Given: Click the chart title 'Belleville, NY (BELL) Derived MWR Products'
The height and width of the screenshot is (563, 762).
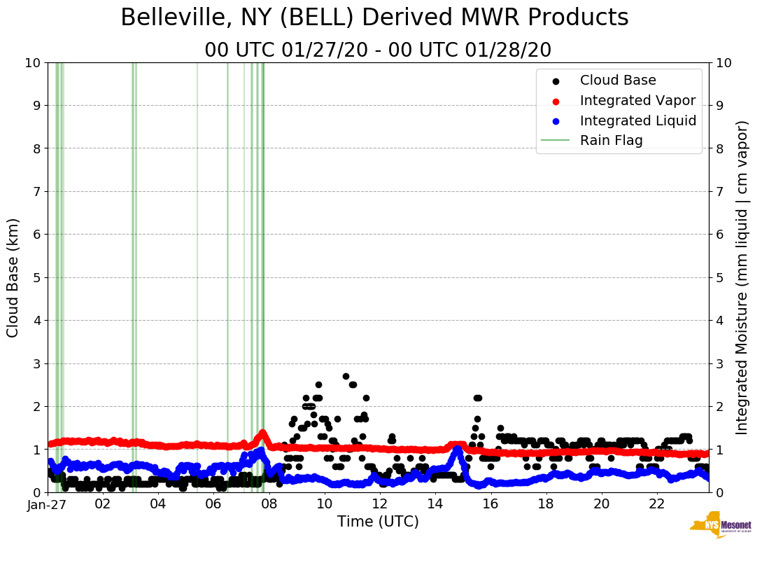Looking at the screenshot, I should (374, 18).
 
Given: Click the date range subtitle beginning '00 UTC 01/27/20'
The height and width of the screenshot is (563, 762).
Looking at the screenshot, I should (378, 50).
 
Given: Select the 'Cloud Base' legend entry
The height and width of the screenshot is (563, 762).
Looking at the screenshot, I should (618, 81).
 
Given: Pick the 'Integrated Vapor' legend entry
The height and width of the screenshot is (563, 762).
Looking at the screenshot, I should (637, 100).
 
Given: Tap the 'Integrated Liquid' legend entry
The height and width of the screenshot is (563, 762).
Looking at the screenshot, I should (637, 120).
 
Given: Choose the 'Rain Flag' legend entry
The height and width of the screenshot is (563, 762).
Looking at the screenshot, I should (611, 140).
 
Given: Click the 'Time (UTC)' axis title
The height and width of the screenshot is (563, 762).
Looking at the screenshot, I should (378, 522).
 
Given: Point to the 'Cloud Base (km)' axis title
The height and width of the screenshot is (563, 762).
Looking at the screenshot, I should (13, 277).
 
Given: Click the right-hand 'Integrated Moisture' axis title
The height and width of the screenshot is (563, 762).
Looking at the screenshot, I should (744, 277).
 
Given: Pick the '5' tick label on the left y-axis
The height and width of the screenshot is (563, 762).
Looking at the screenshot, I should (36, 277).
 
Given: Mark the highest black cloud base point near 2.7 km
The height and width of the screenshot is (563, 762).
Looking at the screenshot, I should (346, 376).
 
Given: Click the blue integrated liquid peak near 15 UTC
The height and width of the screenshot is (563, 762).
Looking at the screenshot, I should (458, 450).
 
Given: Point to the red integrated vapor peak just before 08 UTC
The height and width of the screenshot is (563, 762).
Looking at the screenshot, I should (263, 433).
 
